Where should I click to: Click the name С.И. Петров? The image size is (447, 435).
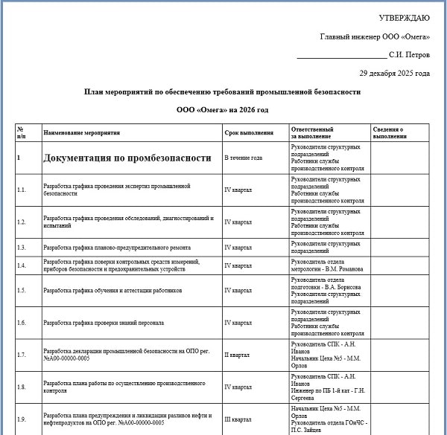410,55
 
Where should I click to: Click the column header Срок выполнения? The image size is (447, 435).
244,133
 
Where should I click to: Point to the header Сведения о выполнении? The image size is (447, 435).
389,133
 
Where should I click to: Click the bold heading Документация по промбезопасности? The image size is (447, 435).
127,158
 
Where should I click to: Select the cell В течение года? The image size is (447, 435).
244,158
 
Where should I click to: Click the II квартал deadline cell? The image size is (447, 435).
238,355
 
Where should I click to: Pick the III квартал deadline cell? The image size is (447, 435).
238,420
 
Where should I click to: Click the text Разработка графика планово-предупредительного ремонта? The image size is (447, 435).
117,247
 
